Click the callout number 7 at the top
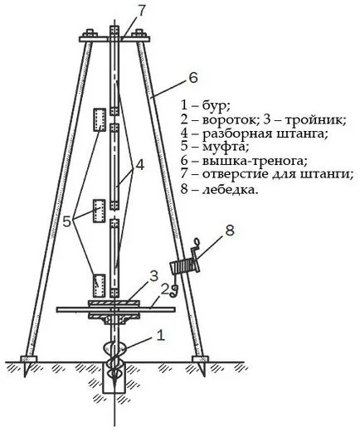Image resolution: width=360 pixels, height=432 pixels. pyautogui.click(x=141, y=12)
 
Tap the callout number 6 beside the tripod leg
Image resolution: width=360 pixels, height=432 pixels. pyautogui.click(x=193, y=78)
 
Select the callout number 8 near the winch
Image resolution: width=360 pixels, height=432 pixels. pyautogui.click(x=230, y=231)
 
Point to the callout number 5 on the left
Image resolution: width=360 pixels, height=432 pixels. pyautogui.click(x=67, y=221)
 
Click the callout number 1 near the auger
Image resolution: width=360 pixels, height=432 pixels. pyautogui.click(x=161, y=335)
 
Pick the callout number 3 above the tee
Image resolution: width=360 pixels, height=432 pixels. pyautogui.click(x=153, y=276)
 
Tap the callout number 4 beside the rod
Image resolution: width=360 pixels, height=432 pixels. pyautogui.click(x=139, y=165)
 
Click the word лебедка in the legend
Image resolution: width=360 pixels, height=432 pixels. pyautogui.click(x=230, y=190)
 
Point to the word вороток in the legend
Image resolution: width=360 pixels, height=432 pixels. pyautogui.click(x=229, y=120)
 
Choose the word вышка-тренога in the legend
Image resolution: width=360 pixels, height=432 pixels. pyautogui.click(x=255, y=161)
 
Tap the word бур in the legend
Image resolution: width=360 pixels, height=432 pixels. pyautogui.click(x=216, y=106)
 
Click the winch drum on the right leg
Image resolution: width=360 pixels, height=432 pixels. pyautogui.click(x=184, y=266)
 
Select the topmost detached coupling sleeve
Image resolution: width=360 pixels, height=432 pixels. pyautogui.click(x=100, y=119)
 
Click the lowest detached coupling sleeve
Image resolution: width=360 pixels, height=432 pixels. pyautogui.click(x=99, y=285)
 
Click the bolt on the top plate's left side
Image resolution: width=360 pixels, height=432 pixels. pyautogui.click(x=90, y=33)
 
